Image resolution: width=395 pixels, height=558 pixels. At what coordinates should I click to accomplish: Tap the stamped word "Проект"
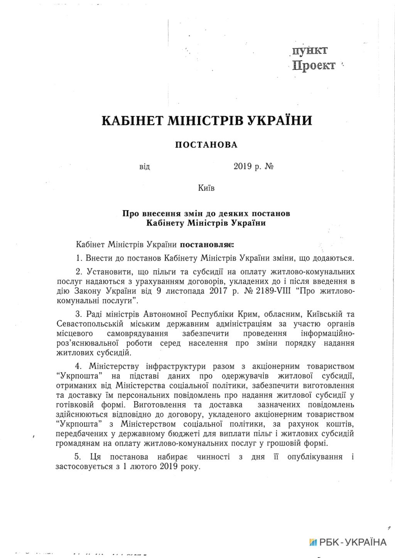314,65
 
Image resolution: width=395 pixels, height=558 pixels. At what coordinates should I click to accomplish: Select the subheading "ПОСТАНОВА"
206,145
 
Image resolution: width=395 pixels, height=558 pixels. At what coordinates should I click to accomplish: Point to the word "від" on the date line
144,167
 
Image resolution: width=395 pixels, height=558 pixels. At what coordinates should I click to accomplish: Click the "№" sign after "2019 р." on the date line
269,167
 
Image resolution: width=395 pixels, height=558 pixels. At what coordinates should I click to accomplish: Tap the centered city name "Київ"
206,188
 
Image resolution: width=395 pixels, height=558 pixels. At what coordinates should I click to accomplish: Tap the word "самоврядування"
137,333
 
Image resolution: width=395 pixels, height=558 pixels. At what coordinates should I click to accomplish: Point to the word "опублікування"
315,457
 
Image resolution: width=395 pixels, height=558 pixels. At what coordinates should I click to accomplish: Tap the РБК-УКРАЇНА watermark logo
348,542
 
